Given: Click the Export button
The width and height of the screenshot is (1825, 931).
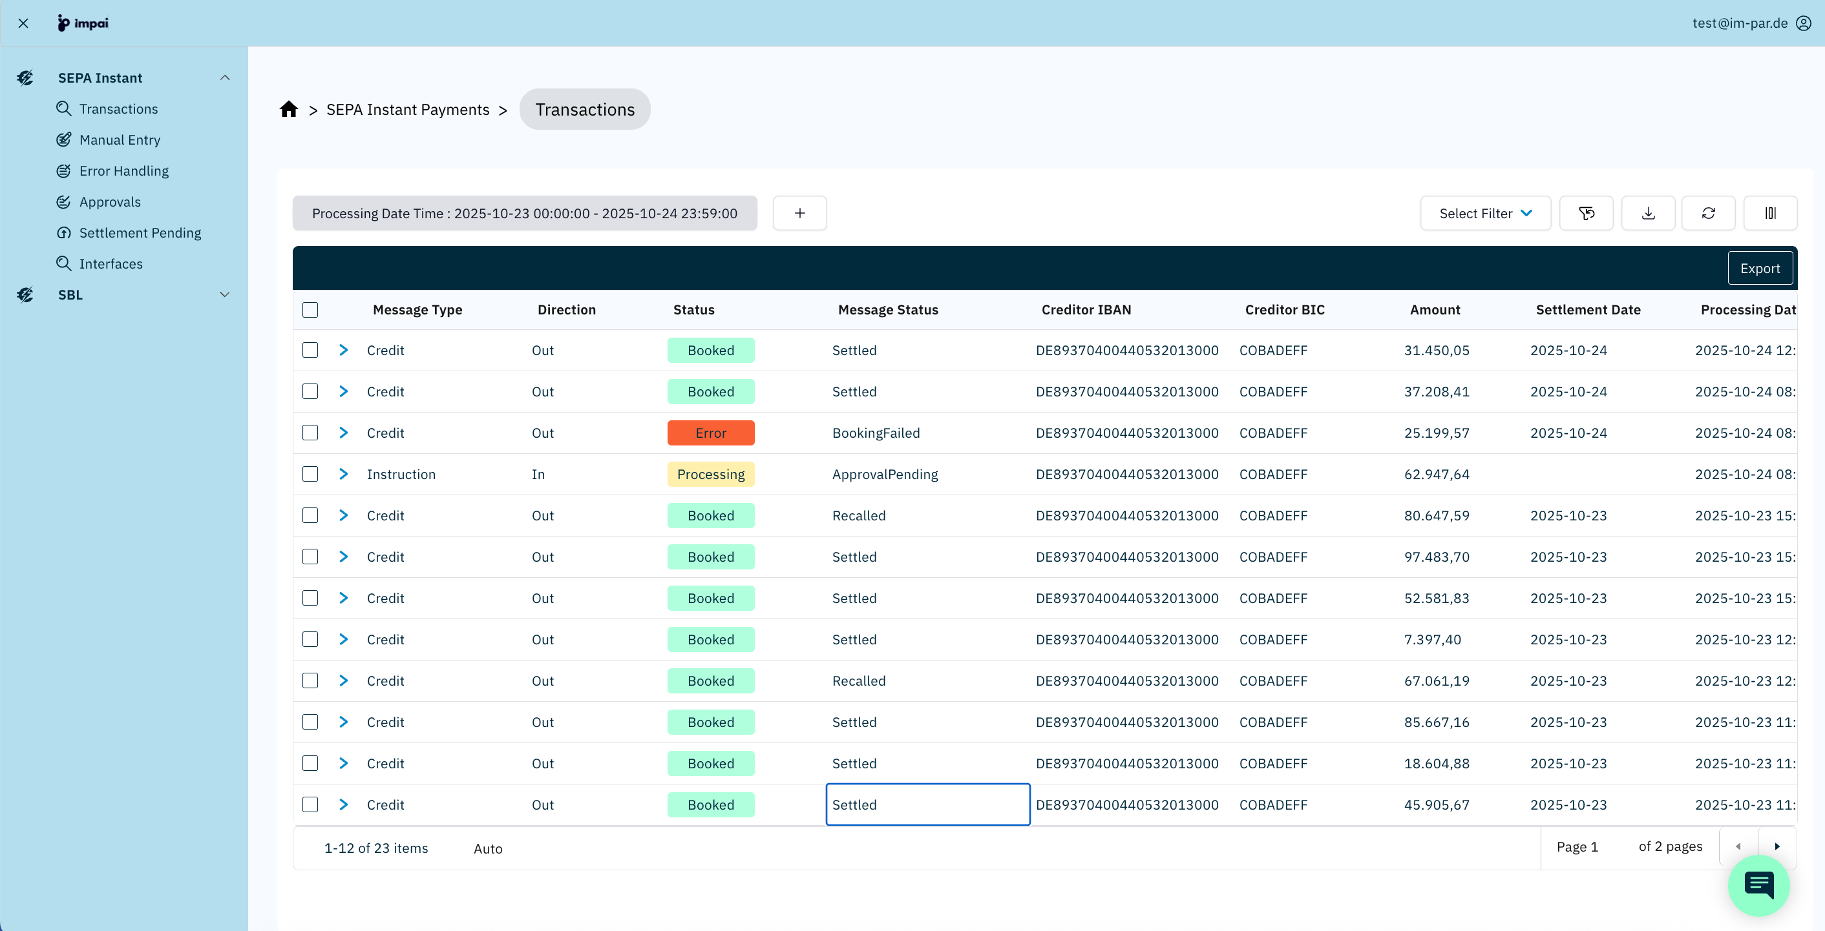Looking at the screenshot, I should pyautogui.click(x=1759, y=269).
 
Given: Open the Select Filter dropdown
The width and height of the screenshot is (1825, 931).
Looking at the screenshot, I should pyautogui.click(x=1485, y=213).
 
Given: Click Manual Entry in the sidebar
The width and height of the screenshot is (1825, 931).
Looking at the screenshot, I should pyautogui.click(x=119, y=139).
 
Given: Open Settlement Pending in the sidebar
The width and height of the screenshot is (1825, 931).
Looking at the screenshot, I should pyautogui.click(x=140, y=233).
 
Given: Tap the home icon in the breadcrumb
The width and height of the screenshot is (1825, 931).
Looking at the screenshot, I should pyautogui.click(x=288, y=109).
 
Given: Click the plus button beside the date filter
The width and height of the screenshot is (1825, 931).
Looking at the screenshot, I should pyautogui.click(x=799, y=213).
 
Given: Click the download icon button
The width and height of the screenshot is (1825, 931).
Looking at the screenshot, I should pyautogui.click(x=1648, y=213).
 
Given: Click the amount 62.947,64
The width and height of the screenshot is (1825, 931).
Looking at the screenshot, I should pyautogui.click(x=1436, y=475).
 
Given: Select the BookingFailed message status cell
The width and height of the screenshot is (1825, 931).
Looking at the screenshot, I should pyautogui.click(x=876, y=433).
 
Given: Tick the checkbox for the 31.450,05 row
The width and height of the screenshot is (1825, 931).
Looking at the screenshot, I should pyautogui.click(x=310, y=351).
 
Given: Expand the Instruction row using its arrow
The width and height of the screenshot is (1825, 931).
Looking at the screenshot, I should pyautogui.click(x=344, y=475).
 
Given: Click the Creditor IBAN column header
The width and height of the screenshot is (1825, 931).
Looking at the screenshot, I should pyautogui.click(x=1085, y=309).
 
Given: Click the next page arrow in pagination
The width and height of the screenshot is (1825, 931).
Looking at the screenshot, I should pyautogui.click(x=1776, y=847).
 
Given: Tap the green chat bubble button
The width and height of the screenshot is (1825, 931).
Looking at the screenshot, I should pyautogui.click(x=1758, y=885).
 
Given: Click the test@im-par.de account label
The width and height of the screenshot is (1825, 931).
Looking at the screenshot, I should pyautogui.click(x=1739, y=23).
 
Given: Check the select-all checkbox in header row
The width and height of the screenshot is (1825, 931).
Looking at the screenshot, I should pyautogui.click(x=310, y=309).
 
